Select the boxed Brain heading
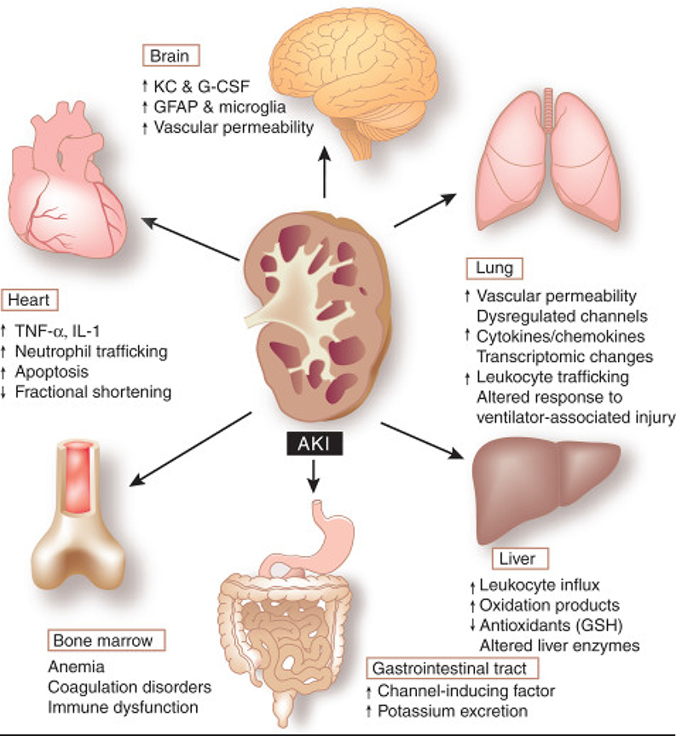tap(170, 57)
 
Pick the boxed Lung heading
tap(494, 268)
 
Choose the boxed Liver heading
tap(519, 560)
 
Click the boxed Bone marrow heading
tap(106, 640)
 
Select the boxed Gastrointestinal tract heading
tap(452, 666)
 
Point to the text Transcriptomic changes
tap(553, 356)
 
